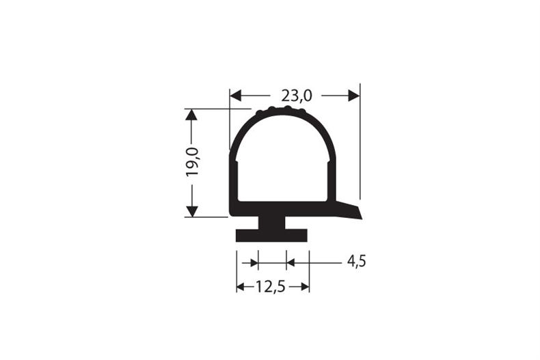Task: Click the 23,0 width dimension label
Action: tap(297, 96)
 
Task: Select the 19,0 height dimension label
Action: tap(192, 162)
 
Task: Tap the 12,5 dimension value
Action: tap(271, 286)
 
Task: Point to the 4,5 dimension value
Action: tap(356, 262)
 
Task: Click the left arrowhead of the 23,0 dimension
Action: tap(236, 96)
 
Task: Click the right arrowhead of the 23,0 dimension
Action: tap(353, 96)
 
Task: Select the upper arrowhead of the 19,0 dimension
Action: tap(191, 114)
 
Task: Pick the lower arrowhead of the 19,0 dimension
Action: tap(191, 211)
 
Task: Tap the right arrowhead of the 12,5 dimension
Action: tap(305, 286)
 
